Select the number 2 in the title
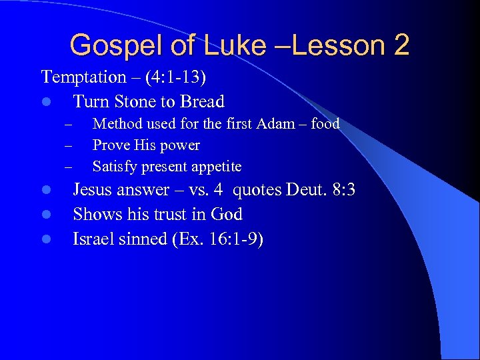coord(401,45)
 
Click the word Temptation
coord(84,77)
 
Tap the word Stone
coord(133,102)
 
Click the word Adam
coord(270,124)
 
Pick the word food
coord(325,124)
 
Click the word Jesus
coord(94,190)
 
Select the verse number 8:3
coord(343,190)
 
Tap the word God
coord(227,215)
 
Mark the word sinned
coord(140,239)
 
